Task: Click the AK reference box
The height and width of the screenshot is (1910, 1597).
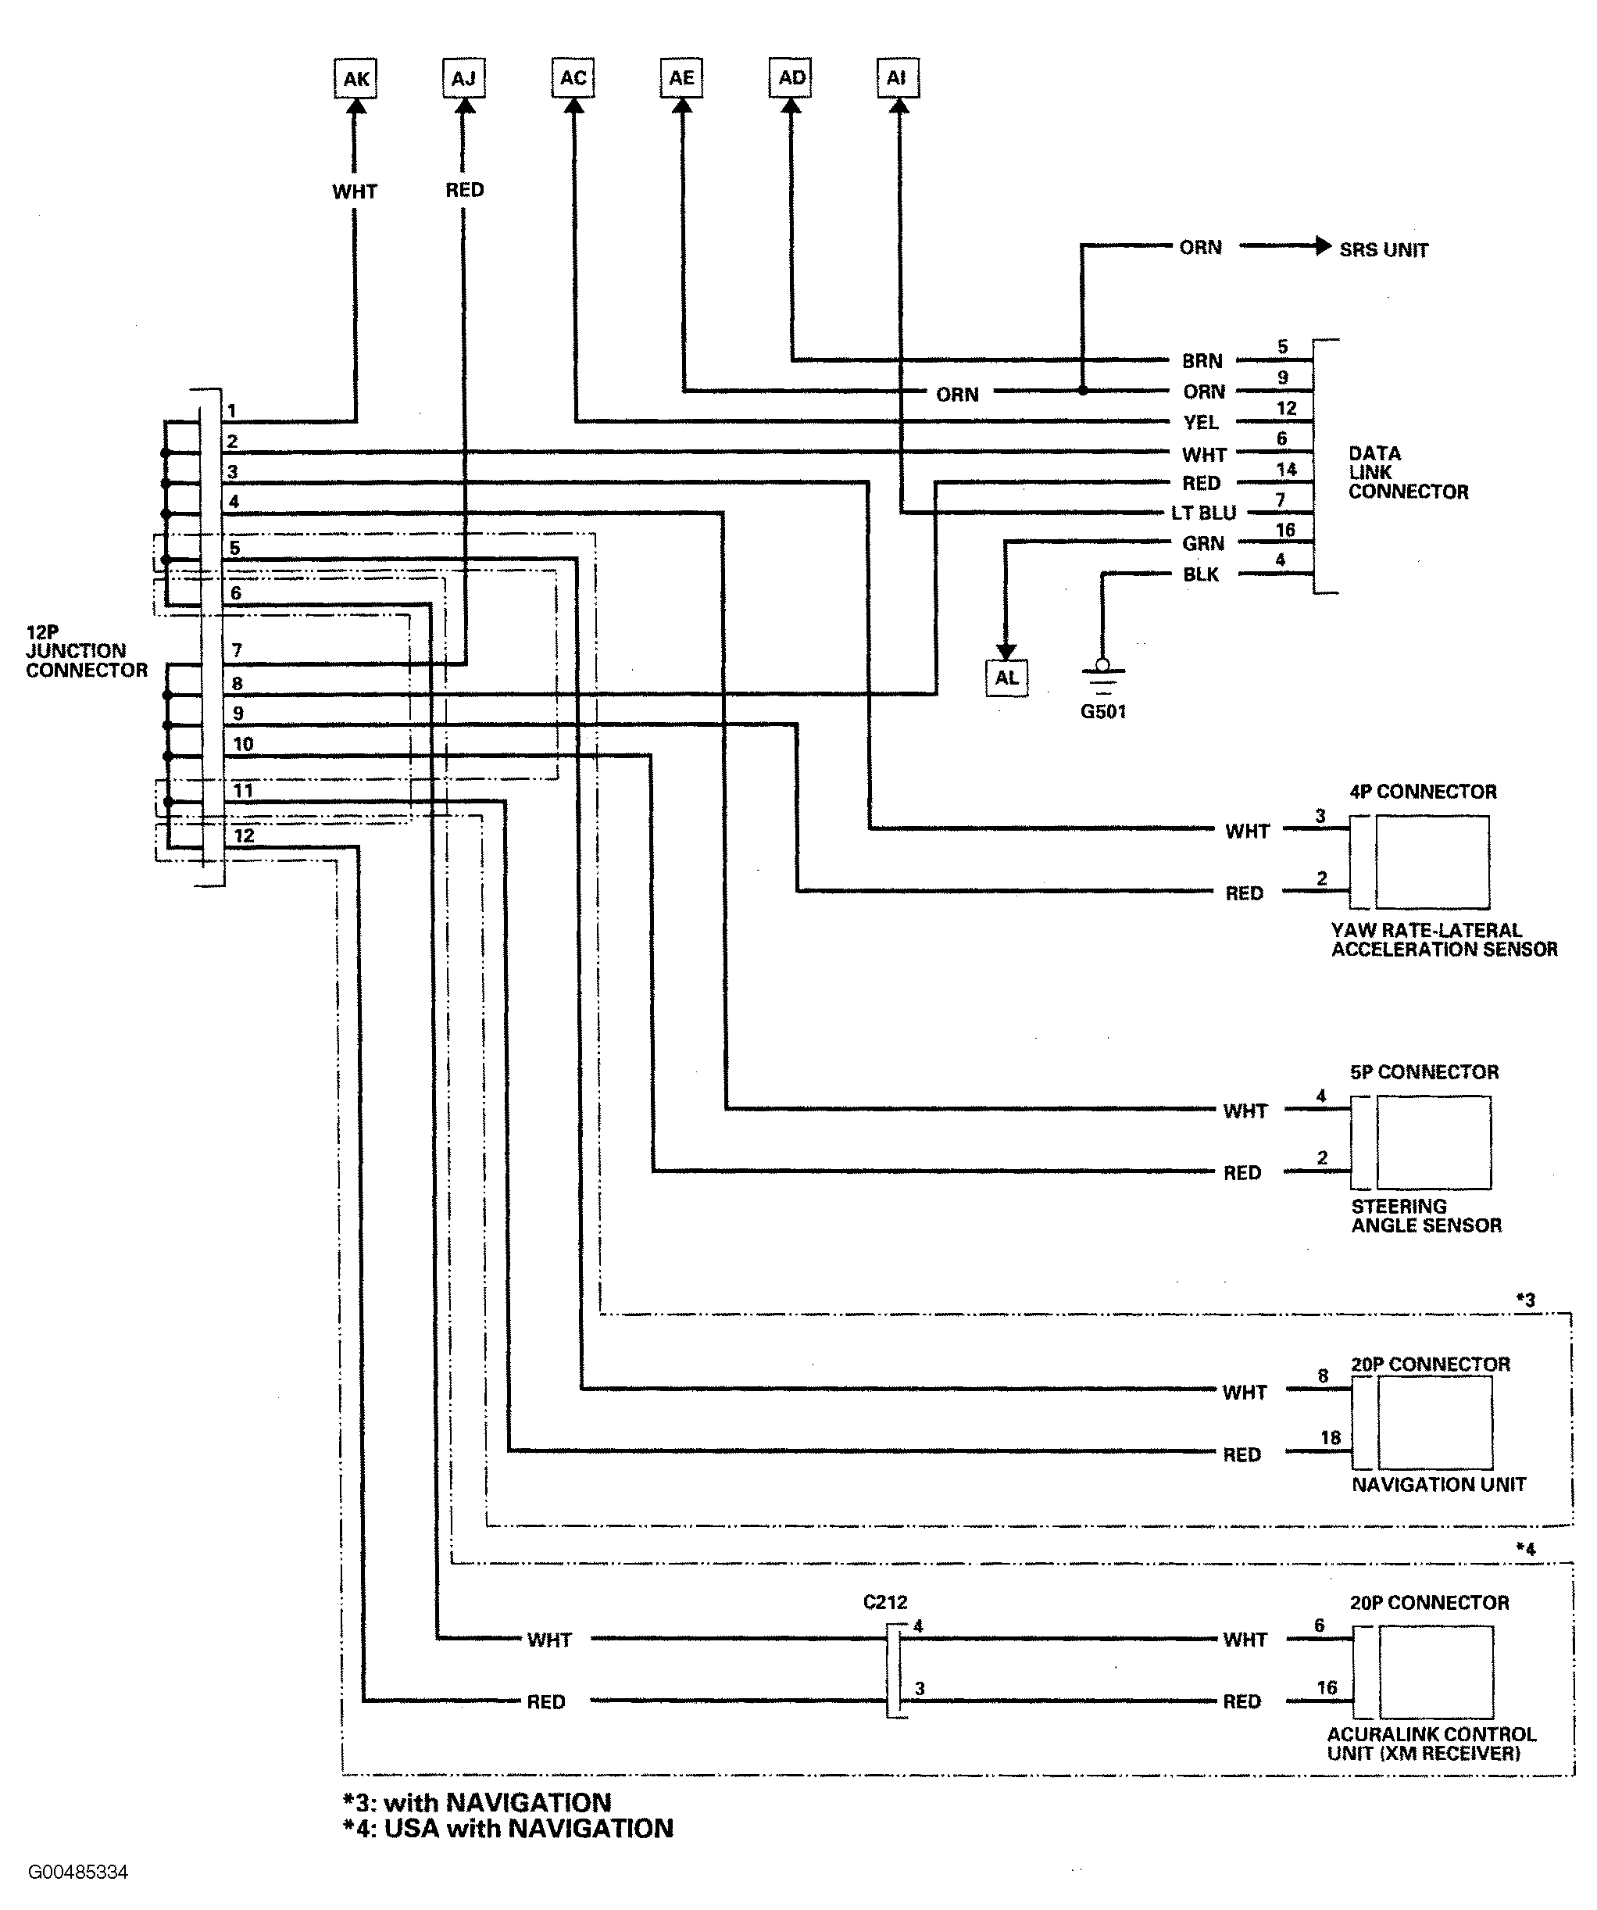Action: point(355,78)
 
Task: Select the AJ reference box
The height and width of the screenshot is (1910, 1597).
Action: point(464,78)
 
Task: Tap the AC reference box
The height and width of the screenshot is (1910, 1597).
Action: point(573,78)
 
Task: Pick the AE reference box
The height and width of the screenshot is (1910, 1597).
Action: point(681,78)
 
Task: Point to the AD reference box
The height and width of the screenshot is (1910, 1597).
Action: point(791,78)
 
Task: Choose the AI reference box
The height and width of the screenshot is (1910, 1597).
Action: point(898,78)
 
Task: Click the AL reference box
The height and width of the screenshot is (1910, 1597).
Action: point(1007,678)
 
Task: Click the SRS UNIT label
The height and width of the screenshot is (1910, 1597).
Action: point(1383,250)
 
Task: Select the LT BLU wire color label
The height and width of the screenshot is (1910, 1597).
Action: point(1203,513)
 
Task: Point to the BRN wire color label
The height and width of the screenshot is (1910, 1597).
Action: point(1202,361)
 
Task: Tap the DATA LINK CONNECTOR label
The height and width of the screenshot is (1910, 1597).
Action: point(1408,473)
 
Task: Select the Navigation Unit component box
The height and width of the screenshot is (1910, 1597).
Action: point(1435,1422)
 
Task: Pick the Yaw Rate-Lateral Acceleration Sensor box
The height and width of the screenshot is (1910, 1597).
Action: point(1432,862)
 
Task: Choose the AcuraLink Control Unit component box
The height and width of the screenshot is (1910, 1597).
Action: point(1436,1672)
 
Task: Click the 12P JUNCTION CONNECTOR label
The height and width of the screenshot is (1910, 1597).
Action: point(87,651)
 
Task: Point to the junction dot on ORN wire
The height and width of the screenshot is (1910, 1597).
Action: point(1082,391)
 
